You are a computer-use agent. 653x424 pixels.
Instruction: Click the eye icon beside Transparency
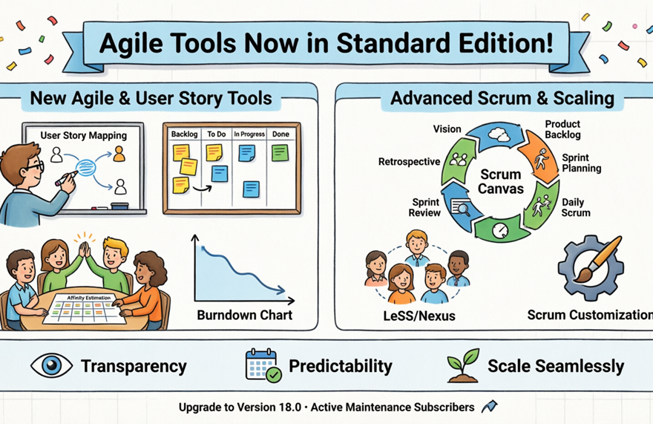coord(51,365)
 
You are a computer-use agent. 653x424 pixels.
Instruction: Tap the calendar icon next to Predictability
coord(263,365)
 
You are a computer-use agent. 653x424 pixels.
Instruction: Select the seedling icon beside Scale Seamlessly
coord(463,365)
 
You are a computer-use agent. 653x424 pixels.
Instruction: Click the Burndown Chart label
coord(244,315)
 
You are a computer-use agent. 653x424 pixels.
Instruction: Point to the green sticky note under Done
coord(279,153)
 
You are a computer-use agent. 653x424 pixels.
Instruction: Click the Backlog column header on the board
coord(184,134)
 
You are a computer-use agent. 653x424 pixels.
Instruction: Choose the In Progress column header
coord(249,134)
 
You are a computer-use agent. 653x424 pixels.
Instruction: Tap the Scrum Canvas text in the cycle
coord(502,181)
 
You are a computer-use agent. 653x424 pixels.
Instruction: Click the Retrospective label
coord(409,161)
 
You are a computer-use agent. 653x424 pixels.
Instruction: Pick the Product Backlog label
coord(562,129)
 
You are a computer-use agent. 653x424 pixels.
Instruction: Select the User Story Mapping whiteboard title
coord(83,135)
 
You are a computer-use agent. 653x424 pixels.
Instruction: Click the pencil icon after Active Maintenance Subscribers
coord(489,406)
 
